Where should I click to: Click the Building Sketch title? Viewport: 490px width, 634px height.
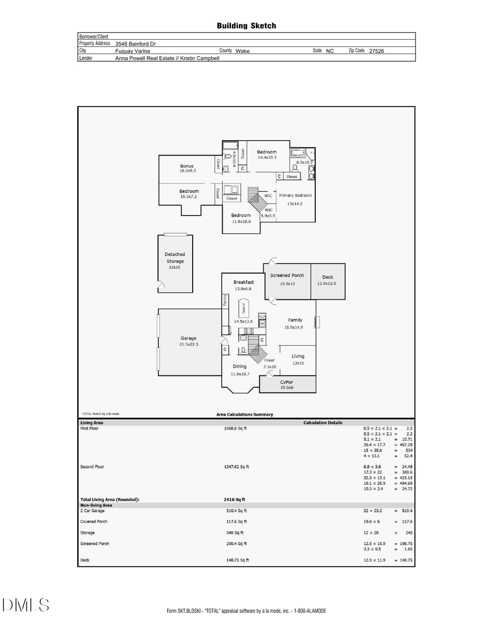(246, 26)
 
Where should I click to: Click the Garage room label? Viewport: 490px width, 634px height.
(188, 338)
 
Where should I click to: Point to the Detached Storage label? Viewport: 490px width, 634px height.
(175, 257)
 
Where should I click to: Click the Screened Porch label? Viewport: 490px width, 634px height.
(287, 275)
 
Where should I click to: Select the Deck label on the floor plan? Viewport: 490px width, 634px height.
(328, 277)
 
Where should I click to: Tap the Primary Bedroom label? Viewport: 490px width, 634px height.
(295, 195)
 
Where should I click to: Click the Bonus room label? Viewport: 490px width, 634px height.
(187, 166)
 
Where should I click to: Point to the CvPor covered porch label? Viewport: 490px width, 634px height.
(286, 381)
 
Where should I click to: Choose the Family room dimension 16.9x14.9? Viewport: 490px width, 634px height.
(294, 327)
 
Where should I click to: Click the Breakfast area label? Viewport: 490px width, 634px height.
(243, 282)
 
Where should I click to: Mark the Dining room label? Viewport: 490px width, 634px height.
(240, 366)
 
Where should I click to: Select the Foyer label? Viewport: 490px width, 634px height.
(269, 360)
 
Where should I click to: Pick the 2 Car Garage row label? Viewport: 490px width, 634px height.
(92, 510)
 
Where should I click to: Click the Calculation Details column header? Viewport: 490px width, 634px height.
(323, 422)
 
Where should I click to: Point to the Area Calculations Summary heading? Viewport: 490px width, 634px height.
(244, 415)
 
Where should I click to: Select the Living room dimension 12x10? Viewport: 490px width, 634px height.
(298, 363)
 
